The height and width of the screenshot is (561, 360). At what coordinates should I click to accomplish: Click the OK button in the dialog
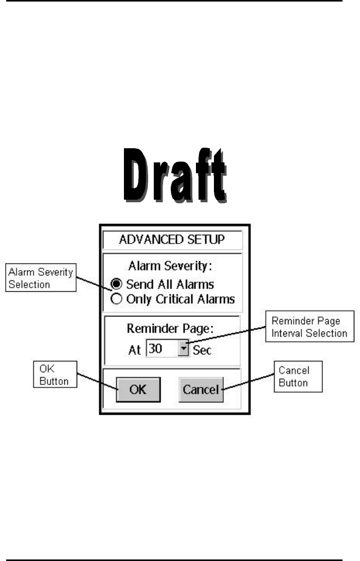pyautogui.click(x=138, y=390)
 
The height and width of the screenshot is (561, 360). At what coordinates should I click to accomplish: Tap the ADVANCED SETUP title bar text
pyautogui.click(x=172, y=240)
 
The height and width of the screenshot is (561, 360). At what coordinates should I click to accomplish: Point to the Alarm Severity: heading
pyautogui.click(x=172, y=267)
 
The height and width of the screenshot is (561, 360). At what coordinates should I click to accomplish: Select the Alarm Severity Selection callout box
pyautogui.click(x=41, y=277)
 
